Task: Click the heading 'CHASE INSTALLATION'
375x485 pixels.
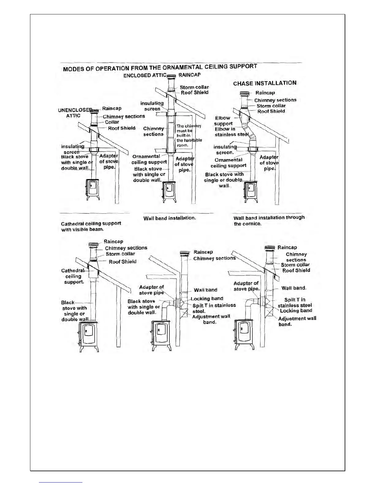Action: click(x=265, y=83)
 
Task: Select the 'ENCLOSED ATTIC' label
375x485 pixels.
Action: click(x=145, y=75)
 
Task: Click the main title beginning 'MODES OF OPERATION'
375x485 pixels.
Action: click(x=160, y=67)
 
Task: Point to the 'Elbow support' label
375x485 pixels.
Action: click(x=223, y=121)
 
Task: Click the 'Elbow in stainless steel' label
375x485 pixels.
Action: click(x=231, y=132)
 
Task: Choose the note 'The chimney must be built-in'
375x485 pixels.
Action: click(x=189, y=135)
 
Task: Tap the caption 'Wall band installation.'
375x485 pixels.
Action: click(x=169, y=218)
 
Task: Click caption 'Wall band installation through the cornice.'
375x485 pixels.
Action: click(x=269, y=220)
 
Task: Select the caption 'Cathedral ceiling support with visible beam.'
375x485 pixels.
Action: click(x=91, y=226)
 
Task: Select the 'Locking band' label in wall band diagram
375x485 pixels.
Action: click(x=207, y=299)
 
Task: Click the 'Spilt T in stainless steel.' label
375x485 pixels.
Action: click(x=214, y=308)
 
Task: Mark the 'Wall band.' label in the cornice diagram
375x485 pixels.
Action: click(x=294, y=288)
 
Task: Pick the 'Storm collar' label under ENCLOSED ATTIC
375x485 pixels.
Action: click(x=194, y=87)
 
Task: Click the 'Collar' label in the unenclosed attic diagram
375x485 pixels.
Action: click(x=112, y=122)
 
